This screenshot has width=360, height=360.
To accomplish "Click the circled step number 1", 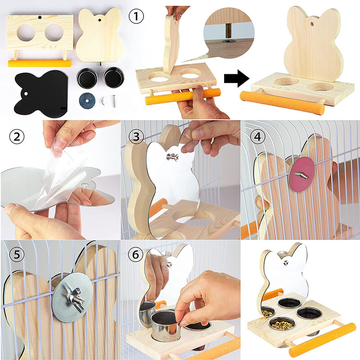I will pos(136,18).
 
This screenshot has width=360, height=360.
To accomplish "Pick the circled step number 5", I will pos(17,256).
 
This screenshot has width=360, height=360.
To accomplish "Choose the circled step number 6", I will pos(136,256).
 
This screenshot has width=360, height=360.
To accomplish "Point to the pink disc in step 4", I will pos(297,173).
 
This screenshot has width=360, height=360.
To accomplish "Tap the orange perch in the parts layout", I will pos(40,63).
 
